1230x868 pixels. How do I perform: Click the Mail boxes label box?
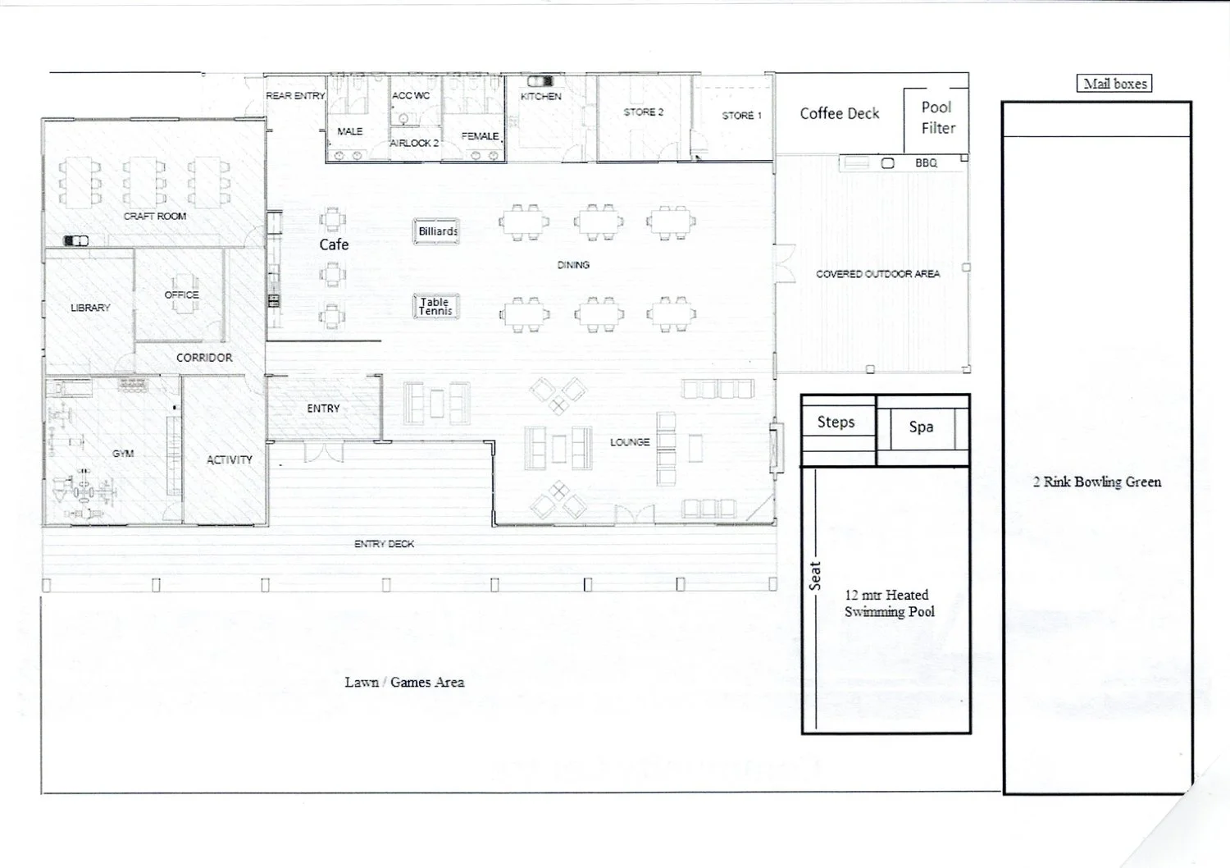tap(1114, 84)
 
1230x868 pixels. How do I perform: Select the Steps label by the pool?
tap(836, 422)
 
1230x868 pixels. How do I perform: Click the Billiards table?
tap(436, 231)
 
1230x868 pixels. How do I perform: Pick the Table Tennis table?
tap(436, 307)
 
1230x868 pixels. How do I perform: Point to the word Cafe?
tap(334, 244)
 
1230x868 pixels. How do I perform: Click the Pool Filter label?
tap(938, 117)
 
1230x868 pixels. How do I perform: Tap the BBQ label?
tap(927, 163)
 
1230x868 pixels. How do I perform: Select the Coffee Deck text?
tap(839, 114)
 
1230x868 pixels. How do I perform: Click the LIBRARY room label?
tap(90, 308)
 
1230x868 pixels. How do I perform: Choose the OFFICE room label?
tap(182, 295)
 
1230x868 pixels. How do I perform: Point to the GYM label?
tap(123, 453)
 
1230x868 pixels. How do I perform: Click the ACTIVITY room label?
tap(230, 459)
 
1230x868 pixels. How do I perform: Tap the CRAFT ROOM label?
tap(155, 217)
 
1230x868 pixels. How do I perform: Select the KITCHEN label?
tap(541, 97)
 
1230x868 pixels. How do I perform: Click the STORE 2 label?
tap(644, 112)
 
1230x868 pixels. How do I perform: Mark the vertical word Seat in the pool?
tap(815, 576)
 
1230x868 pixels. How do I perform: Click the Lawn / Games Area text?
tap(405, 683)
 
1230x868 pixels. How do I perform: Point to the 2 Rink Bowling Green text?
tap(1097, 482)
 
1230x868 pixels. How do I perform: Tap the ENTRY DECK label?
tap(384, 544)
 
